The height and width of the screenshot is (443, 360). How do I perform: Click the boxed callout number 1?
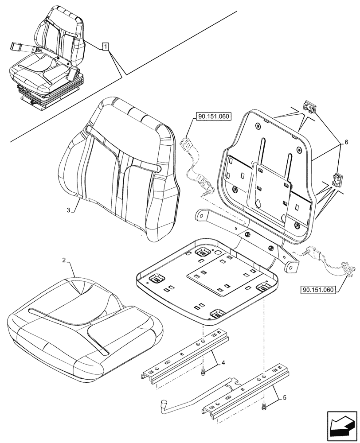tap(105, 46)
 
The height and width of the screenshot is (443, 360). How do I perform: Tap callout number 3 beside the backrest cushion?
tap(69, 211)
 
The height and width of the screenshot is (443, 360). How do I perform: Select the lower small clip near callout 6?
tap(338, 180)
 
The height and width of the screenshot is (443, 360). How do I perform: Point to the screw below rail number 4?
tap(202, 373)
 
